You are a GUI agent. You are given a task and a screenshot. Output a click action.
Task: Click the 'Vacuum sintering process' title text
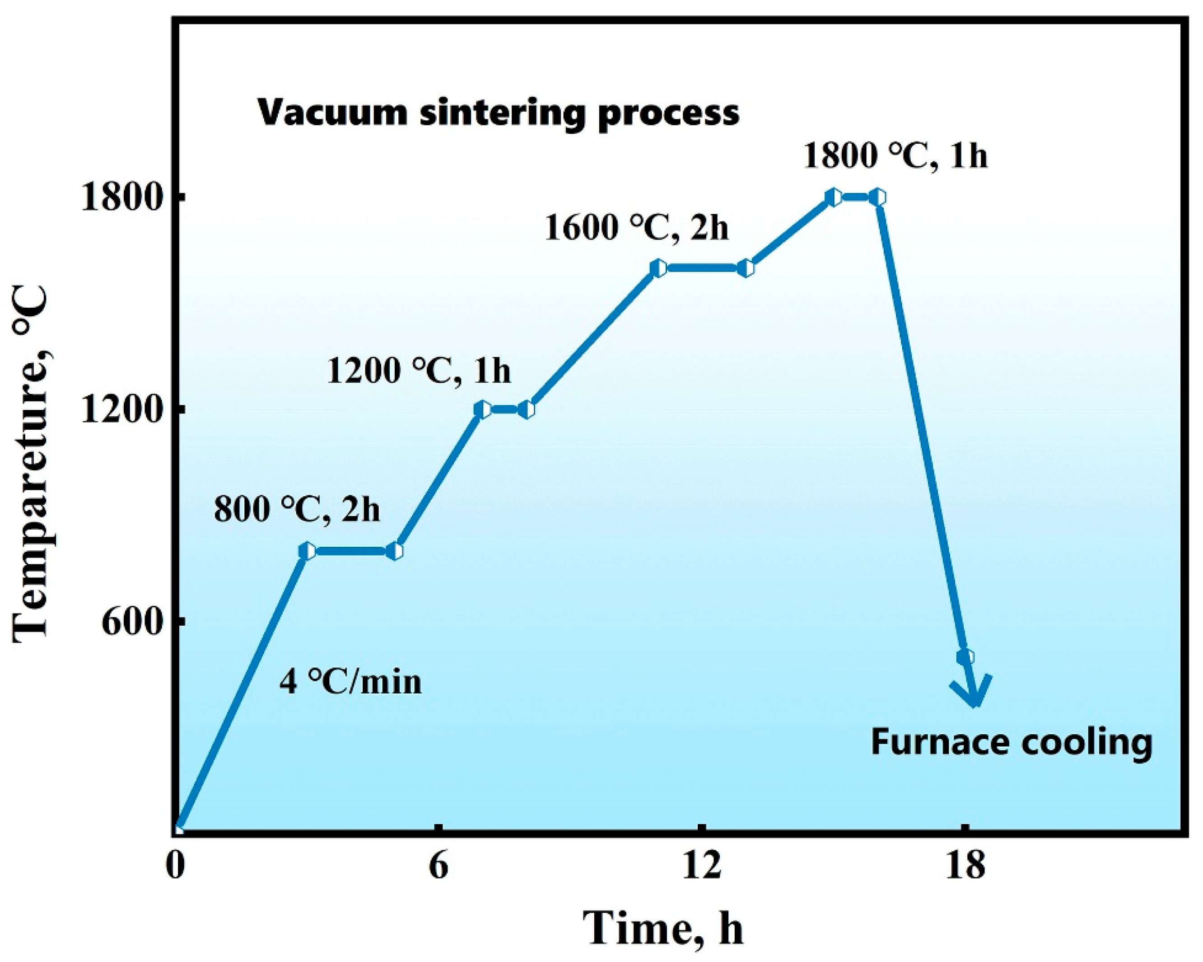click(x=498, y=113)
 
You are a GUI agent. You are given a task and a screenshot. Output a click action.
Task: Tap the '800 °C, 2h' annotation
click(x=297, y=510)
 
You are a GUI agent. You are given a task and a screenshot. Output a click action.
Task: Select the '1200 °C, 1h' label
click(x=419, y=371)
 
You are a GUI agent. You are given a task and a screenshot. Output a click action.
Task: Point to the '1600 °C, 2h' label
click(x=637, y=228)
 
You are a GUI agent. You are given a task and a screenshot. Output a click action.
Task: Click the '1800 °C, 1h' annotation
click(x=895, y=156)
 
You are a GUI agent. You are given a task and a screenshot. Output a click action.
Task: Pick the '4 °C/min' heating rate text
click(x=350, y=682)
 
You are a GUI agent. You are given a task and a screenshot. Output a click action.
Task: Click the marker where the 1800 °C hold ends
click(x=878, y=197)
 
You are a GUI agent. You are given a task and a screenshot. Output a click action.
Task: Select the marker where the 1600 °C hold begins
click(x=658, y=268)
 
